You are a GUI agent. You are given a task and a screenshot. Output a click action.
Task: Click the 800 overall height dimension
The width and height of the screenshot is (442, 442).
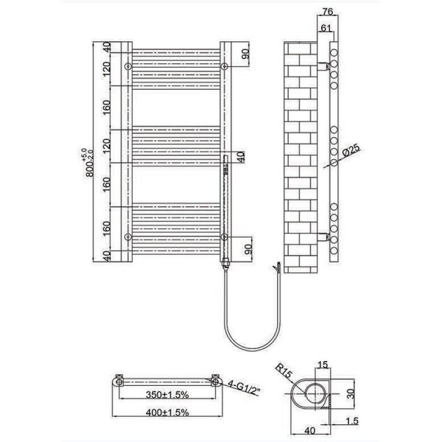click(88, 163)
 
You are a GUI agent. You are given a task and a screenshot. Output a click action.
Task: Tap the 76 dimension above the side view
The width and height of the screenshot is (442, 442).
click(327, 11)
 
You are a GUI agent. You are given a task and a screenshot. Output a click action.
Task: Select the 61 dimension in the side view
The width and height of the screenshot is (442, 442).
click(326, 28)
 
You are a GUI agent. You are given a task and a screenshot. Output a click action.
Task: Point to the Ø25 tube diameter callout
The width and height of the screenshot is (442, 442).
click(351, 150)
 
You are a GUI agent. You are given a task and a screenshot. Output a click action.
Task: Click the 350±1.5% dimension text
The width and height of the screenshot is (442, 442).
click(167, 395)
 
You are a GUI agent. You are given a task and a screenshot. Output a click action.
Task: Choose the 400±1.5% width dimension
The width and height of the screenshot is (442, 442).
click(167, 413)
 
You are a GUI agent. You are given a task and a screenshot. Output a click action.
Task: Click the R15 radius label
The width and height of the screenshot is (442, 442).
click(283, 371)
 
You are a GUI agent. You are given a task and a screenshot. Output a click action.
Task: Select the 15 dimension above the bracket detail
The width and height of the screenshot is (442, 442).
click(323, 365)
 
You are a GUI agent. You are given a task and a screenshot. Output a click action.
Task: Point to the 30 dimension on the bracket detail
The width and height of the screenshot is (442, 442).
click(351, 393)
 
